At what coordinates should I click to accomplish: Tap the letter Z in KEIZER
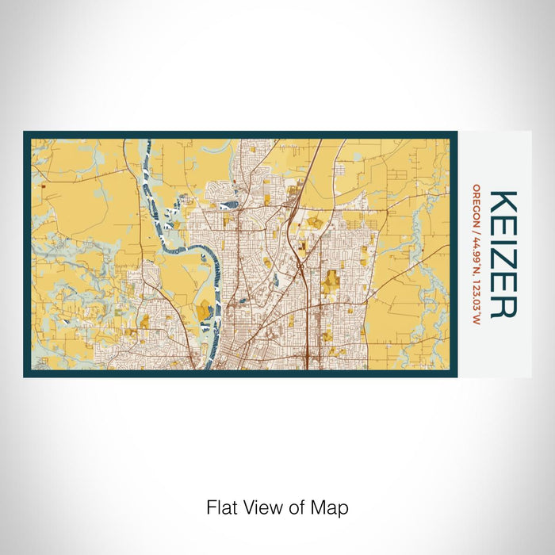pyautogui.click(x=504, y=258)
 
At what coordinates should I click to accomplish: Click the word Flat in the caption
pyautogui.click(x=222, y=507)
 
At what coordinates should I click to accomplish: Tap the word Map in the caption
pyautogui.click(x=332, y=507)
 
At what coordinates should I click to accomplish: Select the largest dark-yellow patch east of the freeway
pyautogui.click(x=331, y=281)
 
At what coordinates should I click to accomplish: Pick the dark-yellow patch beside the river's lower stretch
pyautogui.click(x=204, y=309)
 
